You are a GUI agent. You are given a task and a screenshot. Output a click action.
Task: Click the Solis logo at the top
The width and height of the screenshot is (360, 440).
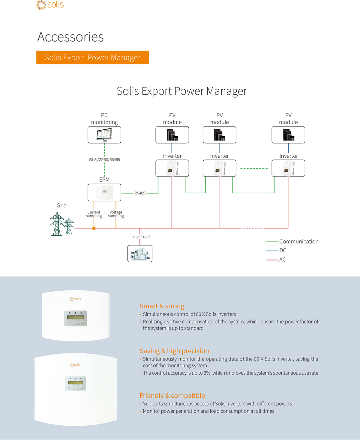click(50, 4)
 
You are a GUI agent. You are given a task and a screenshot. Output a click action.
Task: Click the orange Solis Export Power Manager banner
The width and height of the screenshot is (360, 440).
click(92, 57)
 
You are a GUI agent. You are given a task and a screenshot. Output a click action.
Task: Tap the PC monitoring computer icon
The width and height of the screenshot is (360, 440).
click(104, 135)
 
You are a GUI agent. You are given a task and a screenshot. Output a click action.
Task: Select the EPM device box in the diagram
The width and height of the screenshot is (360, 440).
click(104, 192)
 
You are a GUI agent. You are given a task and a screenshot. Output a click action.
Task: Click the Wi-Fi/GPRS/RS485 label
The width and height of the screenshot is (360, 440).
click(104, 159)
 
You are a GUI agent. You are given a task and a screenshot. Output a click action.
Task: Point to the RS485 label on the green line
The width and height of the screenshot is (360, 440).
click(140, 193)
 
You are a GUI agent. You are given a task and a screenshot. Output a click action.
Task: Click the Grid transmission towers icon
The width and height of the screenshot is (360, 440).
click(61, 224)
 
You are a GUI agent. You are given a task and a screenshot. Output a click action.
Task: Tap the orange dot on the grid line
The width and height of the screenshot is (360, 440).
click(94, 228)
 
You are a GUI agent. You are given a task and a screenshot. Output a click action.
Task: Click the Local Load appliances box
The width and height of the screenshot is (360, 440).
click(140, 254)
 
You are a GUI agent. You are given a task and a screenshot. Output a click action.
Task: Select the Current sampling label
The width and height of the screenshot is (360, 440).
click(94, 214)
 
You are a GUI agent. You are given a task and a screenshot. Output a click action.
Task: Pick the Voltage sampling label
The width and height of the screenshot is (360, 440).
click(116, 214)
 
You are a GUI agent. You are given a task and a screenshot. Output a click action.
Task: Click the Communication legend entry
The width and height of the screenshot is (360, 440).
click(292, 242)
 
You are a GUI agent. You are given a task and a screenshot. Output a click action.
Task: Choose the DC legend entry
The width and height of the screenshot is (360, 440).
click(276, 251)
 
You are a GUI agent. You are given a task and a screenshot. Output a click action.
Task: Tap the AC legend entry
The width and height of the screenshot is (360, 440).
click(276, 260)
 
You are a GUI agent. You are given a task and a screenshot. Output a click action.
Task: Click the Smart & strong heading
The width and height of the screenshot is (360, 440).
click(162, 306)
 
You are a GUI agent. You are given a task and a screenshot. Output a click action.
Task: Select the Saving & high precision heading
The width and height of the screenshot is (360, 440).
click(174, 351)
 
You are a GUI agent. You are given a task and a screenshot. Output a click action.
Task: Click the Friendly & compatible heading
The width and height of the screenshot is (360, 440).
click(172, 396)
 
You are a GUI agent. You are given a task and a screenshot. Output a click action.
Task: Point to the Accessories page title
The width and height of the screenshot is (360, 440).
click(70, 37)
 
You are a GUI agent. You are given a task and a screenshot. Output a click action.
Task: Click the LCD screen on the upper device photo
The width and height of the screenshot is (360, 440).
click(75, 317)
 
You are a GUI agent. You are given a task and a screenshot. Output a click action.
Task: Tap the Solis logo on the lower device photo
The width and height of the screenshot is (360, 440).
click(75, 365)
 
